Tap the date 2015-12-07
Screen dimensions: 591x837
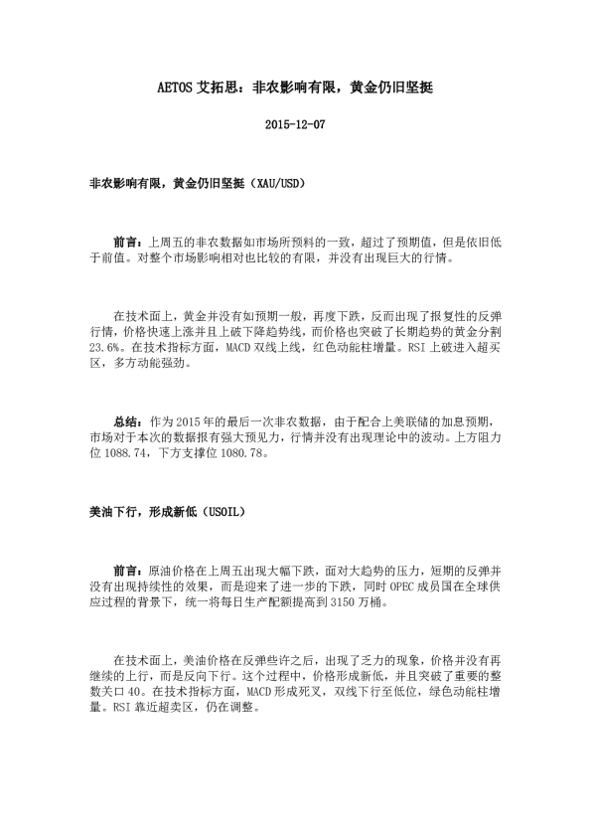coord(295,125)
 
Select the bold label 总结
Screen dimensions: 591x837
coord(127,421)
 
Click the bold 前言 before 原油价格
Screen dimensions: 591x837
coord(127,571)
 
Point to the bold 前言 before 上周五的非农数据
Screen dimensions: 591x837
coord(127,242)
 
